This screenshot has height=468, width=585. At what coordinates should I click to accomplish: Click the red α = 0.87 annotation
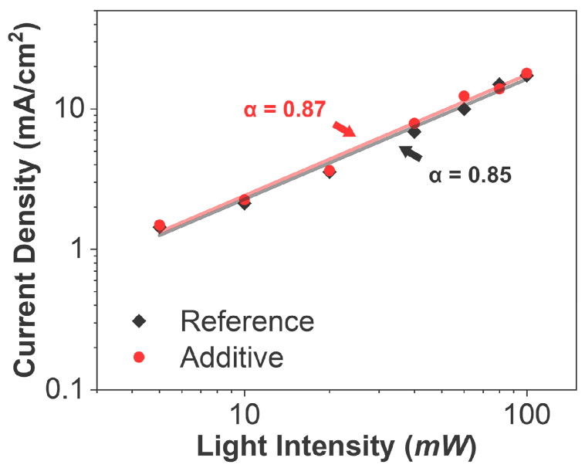285,110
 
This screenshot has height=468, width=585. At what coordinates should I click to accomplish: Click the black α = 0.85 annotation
470,175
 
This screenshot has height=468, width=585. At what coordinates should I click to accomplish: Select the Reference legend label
247,321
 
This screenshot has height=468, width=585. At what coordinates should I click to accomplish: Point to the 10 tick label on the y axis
72,110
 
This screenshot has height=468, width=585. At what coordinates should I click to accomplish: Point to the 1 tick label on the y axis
80,250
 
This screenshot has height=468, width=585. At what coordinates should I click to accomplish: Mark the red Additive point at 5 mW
160,226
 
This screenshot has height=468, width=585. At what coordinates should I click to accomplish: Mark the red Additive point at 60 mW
464,97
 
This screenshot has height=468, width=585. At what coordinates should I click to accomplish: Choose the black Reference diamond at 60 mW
465,109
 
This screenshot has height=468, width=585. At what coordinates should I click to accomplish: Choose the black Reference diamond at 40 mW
414,132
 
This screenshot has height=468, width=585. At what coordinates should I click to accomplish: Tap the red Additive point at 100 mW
526,73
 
